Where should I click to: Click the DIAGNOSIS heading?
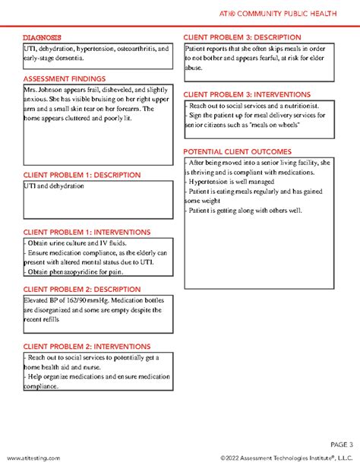[x=42, y=37]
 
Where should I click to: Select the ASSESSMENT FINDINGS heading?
[x=64, y=78]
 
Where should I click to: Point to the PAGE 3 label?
[x=341, y=444]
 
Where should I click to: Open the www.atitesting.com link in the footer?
[x=33, y=458]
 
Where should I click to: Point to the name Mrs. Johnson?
[x=43, y=90]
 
